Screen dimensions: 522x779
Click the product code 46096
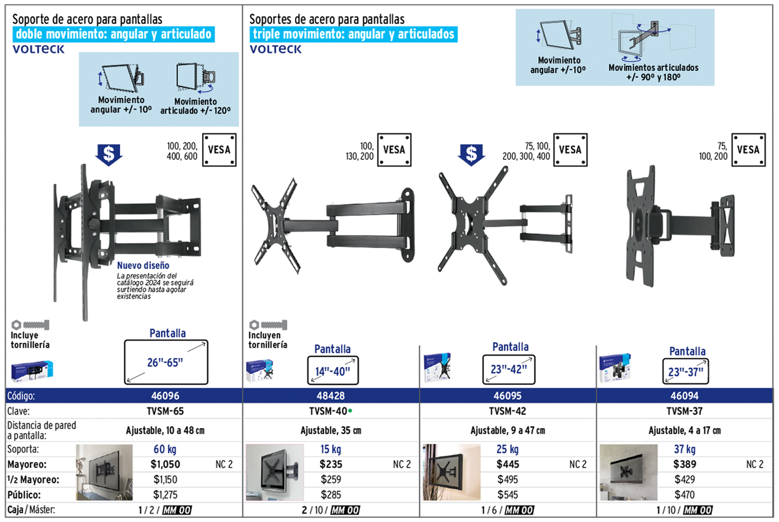[x=165, y=395]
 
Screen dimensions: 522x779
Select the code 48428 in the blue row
[x=330, y=395]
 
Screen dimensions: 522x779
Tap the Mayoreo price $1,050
[x=165, y=464]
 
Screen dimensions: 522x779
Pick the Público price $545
[x=507, y=495]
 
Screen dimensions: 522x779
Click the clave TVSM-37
[x=684, y=411]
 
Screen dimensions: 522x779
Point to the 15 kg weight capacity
[x=330, y=449]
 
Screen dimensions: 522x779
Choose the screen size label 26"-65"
[x=165, y=363]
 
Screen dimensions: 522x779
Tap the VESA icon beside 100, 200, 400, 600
[x=219, y=150]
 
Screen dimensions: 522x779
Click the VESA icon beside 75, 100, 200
[x=748, y=150]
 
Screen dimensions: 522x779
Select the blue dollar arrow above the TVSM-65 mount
[x=109, y=154]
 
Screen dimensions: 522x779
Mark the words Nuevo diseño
[x=143, y=265]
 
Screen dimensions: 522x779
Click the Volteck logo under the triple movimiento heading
[x=275, y=49]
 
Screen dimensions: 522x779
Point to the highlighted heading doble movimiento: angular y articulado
[x=114, y=34]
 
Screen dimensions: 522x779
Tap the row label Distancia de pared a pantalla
[x=42, y=430]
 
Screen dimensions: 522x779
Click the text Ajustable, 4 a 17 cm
[x=684, y=430]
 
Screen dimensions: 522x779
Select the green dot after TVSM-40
[x=350, y=411]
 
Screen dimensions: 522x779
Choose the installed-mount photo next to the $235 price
[x=275, y=472]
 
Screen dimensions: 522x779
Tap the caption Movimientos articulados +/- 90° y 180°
[x=653, y=72]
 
